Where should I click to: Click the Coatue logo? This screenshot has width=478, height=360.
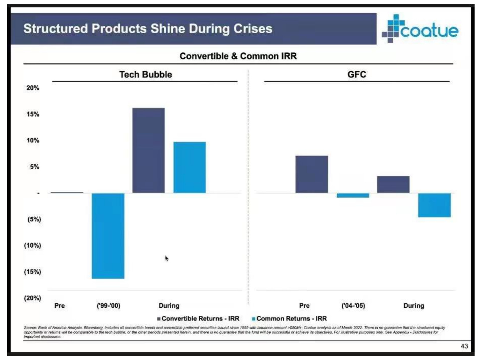420,29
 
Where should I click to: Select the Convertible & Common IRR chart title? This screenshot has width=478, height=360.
238,56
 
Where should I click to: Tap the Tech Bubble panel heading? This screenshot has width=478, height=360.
145,75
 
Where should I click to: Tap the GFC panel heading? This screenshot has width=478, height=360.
357,75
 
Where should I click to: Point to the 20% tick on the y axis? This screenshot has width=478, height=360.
33,88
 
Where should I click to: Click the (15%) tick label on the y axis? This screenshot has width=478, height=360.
32,272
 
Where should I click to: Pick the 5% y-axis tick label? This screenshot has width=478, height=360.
34,167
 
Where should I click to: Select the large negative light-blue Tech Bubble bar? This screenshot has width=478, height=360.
108,235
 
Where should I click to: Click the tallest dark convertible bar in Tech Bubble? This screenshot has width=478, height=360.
148,150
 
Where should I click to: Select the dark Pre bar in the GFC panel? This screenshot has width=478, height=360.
311,174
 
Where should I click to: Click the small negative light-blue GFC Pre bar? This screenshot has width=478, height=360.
352,195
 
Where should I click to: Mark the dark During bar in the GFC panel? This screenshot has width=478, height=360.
393,184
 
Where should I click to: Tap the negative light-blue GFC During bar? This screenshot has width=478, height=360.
434,205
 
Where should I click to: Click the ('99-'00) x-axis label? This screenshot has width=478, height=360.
108,305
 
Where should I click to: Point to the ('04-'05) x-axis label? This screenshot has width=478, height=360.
353,305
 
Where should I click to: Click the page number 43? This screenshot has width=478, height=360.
464,346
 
